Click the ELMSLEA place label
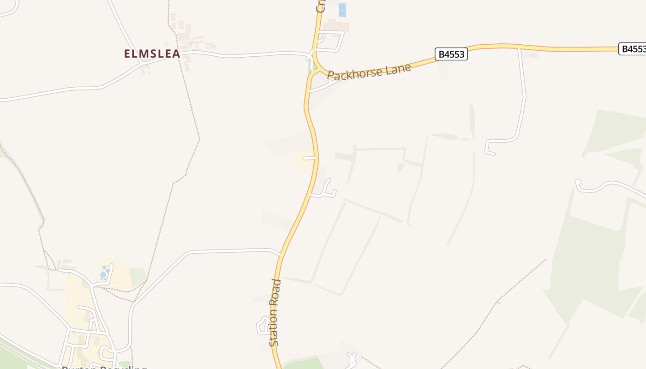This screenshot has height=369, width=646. point(152,54)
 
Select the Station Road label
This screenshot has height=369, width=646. point(275,312)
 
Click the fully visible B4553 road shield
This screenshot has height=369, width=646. point(451,54)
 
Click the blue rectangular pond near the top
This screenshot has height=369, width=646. point(342,10)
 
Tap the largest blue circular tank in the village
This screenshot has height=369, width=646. point(103,275)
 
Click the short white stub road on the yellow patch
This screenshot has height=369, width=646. point(309,159)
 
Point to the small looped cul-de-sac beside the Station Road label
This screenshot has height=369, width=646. point(264,326)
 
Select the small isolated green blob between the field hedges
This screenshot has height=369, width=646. point(400,167)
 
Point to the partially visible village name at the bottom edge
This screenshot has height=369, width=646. point(104,367)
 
